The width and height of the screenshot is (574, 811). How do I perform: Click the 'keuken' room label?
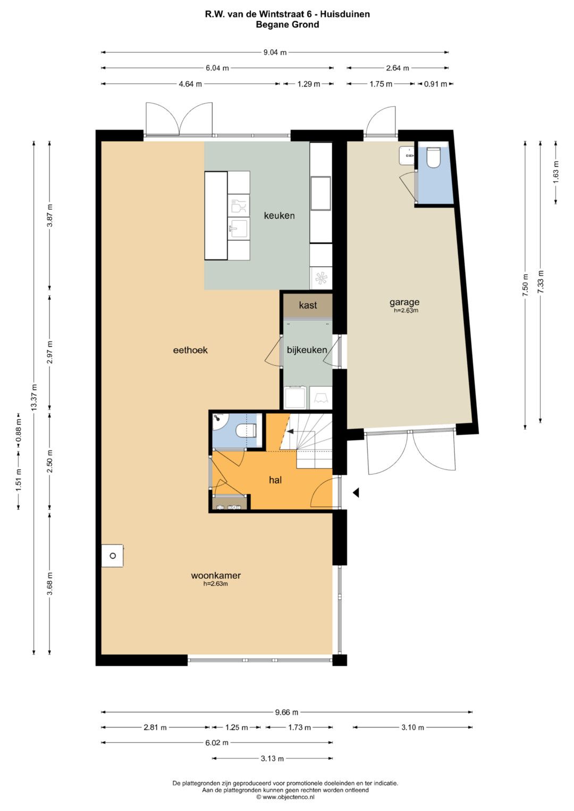pos(279,216)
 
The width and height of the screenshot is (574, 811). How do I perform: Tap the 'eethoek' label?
pos(190,350)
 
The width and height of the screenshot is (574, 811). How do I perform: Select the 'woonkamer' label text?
pos(216,575)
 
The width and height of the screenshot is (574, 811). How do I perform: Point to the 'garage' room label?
pos(404,302)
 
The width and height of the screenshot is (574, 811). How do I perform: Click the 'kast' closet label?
pos(308,305)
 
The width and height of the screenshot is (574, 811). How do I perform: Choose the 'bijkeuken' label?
pos(307,350)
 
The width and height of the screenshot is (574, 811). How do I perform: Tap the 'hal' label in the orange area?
pos(275,481)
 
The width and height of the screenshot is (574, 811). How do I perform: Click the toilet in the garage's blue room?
pos(433,157)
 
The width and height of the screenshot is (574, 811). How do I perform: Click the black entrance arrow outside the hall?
pos(356,492)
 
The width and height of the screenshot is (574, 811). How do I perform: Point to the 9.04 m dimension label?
pos(275,53)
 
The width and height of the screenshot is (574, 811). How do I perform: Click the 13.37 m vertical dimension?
pos(35,397)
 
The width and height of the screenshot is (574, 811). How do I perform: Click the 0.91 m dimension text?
pos(435,84)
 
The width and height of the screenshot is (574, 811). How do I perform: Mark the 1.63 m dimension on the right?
pos(556,172)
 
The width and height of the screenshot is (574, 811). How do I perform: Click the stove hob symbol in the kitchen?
pos(321,278)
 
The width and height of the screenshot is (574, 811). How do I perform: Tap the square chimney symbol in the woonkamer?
pos(112,556)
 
